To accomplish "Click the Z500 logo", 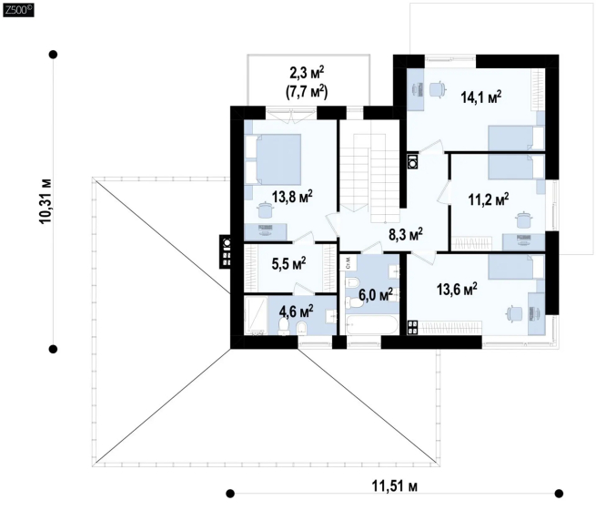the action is (18, 10).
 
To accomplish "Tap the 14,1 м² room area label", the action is (480, 97).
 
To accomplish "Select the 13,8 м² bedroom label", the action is (292, 197).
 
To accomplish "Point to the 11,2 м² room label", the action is (489, 199).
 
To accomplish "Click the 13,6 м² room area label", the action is (457, 289).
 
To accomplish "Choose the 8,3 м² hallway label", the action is (406, 234).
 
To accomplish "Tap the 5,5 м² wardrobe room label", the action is (288, 263).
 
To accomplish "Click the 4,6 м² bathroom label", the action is (296, 311).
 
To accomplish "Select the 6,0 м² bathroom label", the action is (376, 294).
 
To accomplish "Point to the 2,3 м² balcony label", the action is (307, 72).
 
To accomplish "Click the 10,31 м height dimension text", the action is (46, 201).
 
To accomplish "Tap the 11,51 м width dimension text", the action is (394, 486).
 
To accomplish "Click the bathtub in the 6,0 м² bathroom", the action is (372, 325).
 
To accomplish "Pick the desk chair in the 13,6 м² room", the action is (515, 314).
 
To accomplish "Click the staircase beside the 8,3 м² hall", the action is (369, 171).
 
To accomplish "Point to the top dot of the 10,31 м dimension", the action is (53, 55).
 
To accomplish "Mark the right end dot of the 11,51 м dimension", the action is (559, 494).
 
